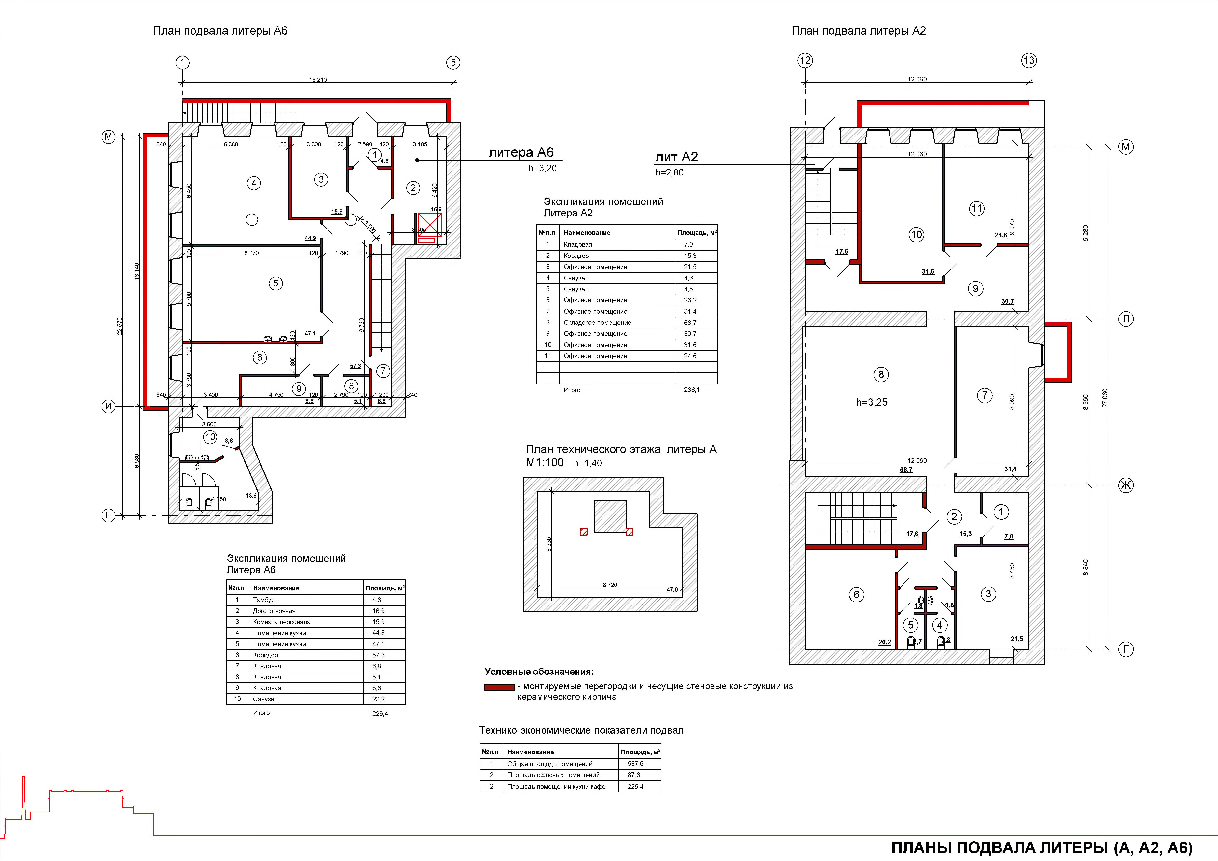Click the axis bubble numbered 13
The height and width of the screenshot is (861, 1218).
click(x=1029, y=60)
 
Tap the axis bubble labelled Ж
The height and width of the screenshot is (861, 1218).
click(x=1126, y=485)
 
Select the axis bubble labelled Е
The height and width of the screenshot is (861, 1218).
click(x=108, y=515)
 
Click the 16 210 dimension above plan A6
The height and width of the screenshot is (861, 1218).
click(x=318, y=80)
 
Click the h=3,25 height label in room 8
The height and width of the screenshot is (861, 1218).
click(x=872, y=402)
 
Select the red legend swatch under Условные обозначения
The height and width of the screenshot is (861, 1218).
click(x=499, y=687)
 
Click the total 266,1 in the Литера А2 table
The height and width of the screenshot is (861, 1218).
click(x=692, y=390)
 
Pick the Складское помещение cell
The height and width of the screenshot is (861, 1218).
click(x=597, y=322)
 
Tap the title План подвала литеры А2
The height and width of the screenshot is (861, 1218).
click(x=858, y=31)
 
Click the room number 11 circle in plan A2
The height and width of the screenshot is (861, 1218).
click(x=977, y=208)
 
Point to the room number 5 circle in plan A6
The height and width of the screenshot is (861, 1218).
click(x=275, y=283)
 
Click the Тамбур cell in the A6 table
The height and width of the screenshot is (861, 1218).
click(x=264, y=600)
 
